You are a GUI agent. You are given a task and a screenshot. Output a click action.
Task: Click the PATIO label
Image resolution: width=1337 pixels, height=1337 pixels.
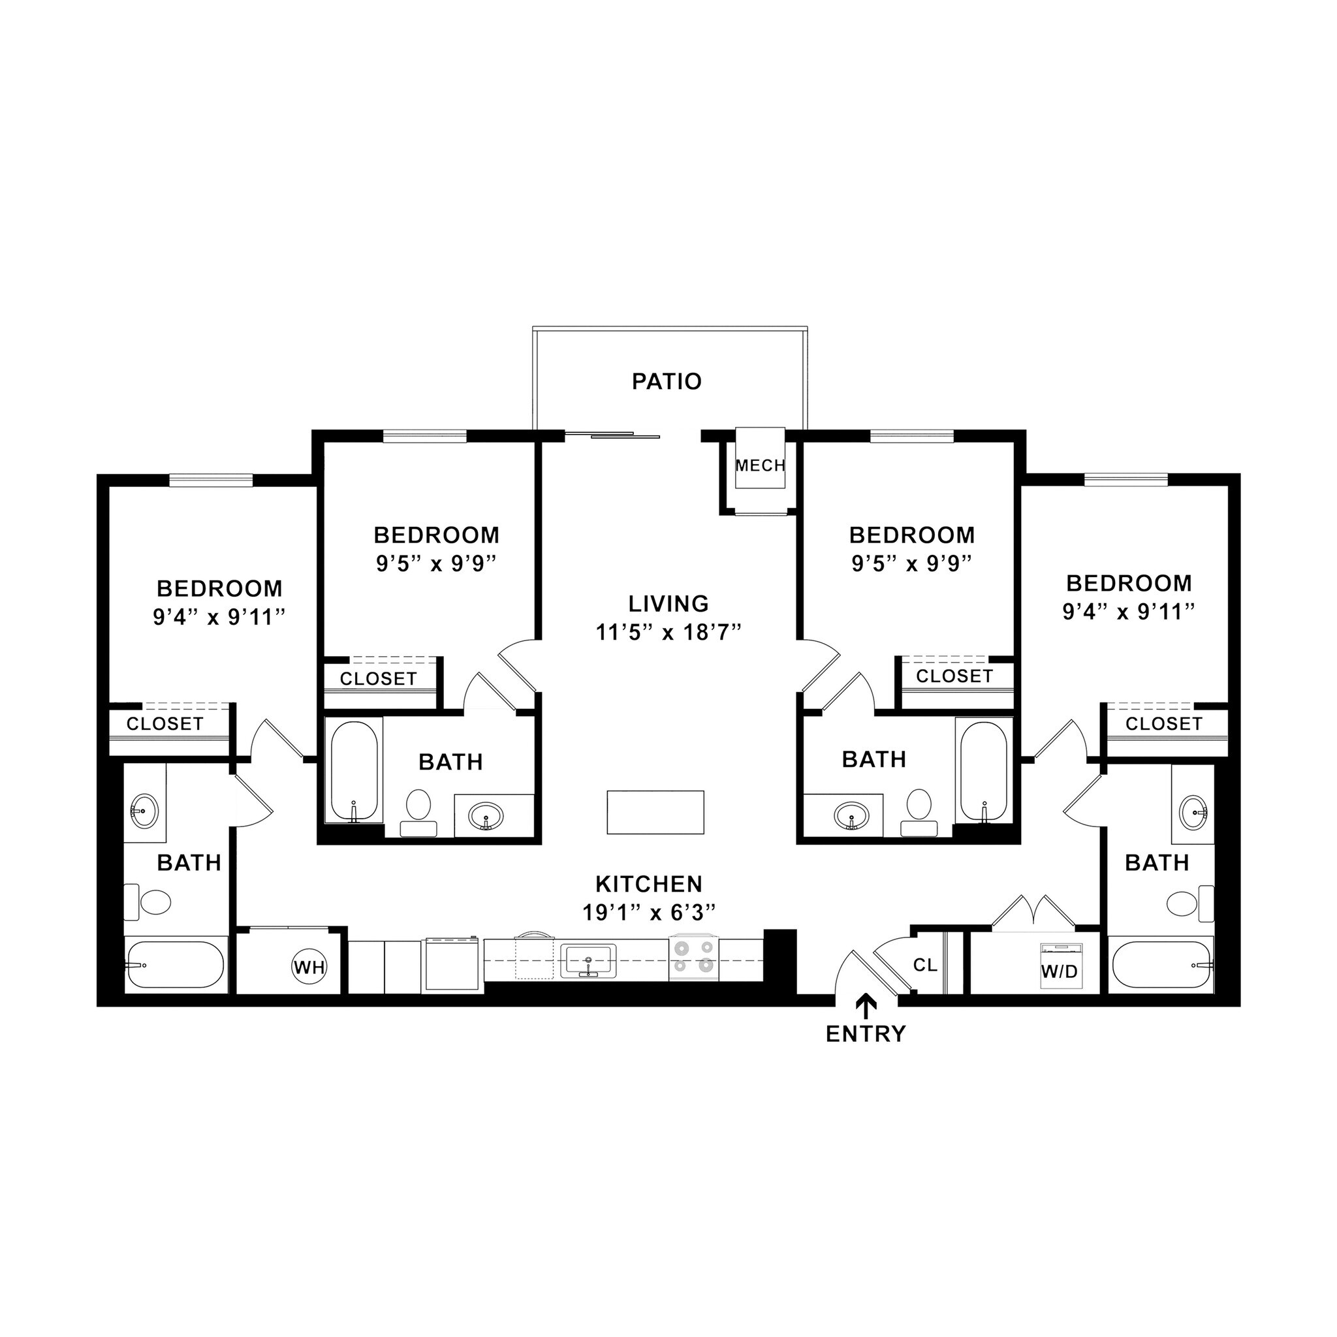click(x=667, y=381)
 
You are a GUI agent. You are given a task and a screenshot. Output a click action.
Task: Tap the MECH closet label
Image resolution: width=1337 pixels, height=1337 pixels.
click(x=760, y=465)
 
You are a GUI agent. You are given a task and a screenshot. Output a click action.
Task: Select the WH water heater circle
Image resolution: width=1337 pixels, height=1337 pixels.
click(x=309, y=967)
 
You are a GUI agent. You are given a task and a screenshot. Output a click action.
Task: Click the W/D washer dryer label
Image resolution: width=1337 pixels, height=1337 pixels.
click(x=1060, y=971)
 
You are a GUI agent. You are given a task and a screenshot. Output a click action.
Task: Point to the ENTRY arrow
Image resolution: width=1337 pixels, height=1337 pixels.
click(x=865, y=1005)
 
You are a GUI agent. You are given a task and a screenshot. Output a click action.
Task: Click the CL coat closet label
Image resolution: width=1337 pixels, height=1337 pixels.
click(x=925, y=965)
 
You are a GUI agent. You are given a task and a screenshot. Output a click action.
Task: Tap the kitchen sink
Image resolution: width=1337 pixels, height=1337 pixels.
click(x=588, y=960)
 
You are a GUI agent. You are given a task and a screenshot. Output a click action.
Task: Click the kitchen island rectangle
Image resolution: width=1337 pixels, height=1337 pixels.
click(x=655, y=812)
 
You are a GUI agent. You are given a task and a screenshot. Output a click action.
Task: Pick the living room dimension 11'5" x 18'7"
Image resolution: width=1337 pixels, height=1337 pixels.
click(x=668, y=633)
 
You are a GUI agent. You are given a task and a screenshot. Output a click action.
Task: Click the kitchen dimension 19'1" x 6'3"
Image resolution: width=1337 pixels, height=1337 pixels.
click(x=648, y=913)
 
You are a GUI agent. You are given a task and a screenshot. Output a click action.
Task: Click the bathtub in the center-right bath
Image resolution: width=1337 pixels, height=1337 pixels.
click(x=983, y=771)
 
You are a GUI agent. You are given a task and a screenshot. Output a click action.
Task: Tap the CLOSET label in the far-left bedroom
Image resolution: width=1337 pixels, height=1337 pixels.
click(x=165, y=724)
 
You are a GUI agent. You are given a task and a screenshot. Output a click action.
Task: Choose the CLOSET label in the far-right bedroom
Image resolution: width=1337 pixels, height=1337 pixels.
click(x=1164, y=724)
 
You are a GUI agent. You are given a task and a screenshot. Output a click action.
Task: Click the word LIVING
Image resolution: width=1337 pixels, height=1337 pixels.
click(x=668, y=603)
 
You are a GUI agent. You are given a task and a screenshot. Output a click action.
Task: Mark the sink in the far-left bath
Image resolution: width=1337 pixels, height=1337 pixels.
click(x=144, y=808)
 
